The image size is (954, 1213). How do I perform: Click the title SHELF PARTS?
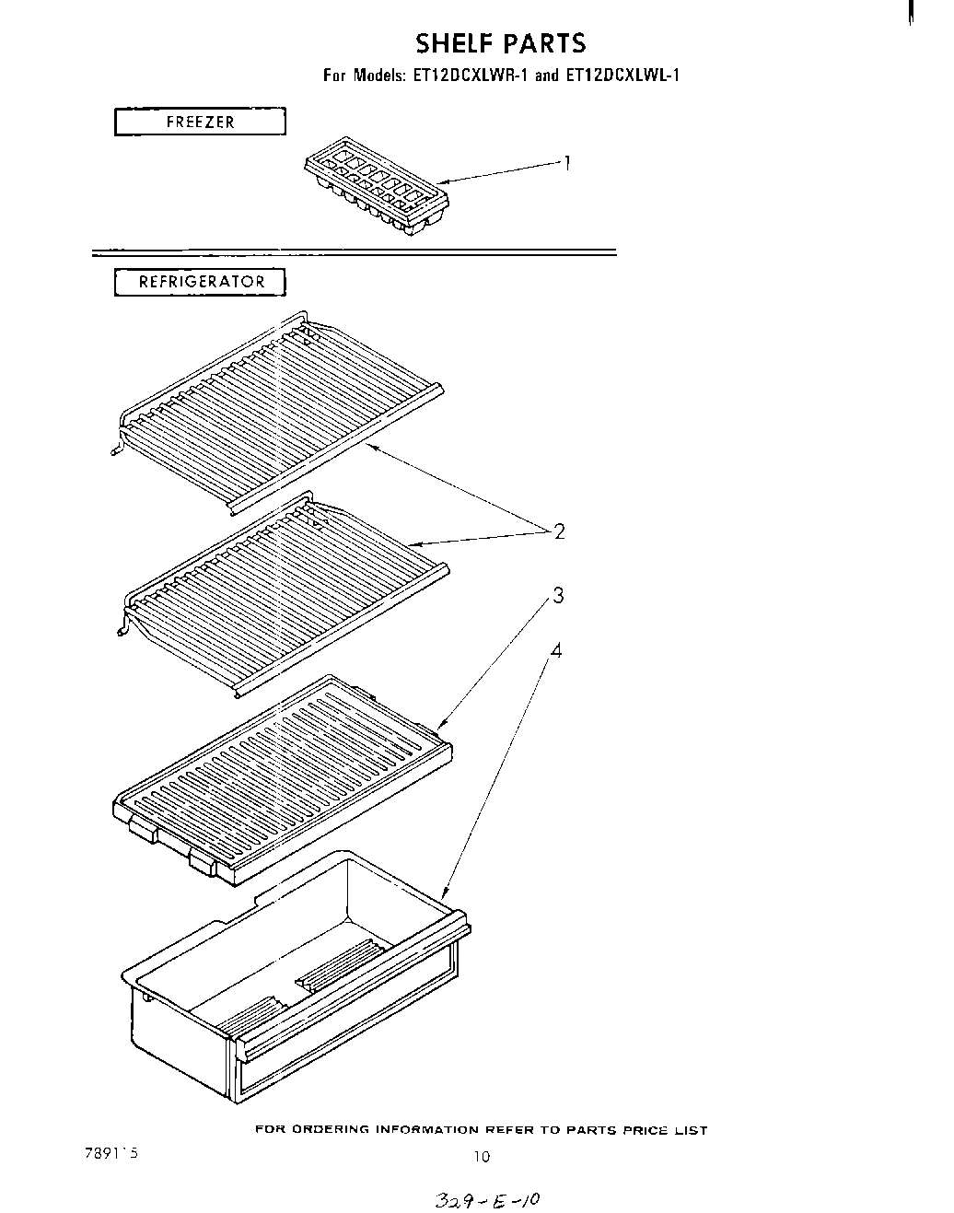(500, 43)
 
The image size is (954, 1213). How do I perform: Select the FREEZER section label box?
(200, 122)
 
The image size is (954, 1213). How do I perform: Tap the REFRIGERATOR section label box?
(201, 282)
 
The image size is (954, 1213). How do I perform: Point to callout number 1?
(568, 163)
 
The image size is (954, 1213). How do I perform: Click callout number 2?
(558, 531)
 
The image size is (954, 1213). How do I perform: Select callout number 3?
(558, 596)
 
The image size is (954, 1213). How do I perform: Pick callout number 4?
(555, 650)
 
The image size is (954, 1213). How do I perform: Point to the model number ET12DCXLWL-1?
(621, 76)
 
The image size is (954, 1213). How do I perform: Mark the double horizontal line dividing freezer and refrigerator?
(355, 251)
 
